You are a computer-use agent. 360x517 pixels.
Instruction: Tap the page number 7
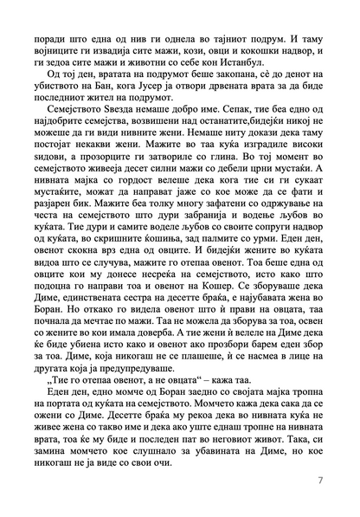click(x=320, y=479)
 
